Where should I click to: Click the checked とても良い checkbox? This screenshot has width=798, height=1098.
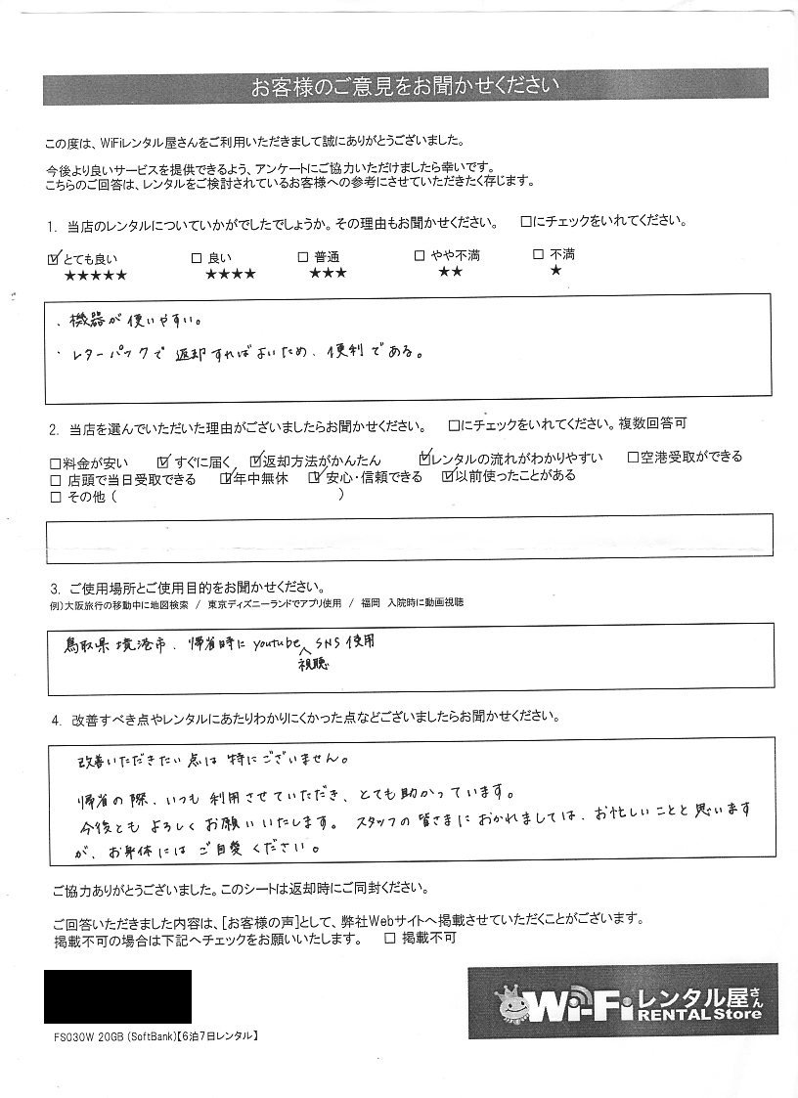pyautogui.click(x=53, y=259)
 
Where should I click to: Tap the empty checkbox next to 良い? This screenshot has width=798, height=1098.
pyautogui.click(x=197, y=258)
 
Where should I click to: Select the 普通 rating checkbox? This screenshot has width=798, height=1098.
pyautogui.click(x=304, y=257)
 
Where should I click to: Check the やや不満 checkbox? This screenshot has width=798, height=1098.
pyautogui.click(x=420, y=256)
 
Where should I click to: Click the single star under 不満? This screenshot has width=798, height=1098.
pyautogui.click(x=555, y=272)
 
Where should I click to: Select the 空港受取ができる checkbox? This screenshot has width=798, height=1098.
pyautogui.click(x=633, y=457)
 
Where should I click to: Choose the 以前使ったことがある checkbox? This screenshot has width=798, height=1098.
pyautogui.click(x=448, y=477)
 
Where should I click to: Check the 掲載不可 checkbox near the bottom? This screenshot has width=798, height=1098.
pyautogui.click(x=390, y=939)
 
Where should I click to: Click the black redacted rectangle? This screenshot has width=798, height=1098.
pyautogui.click(x=117, y=995)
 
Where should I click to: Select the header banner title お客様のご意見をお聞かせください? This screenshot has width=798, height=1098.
pyautogui.click(x=405, y=87)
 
